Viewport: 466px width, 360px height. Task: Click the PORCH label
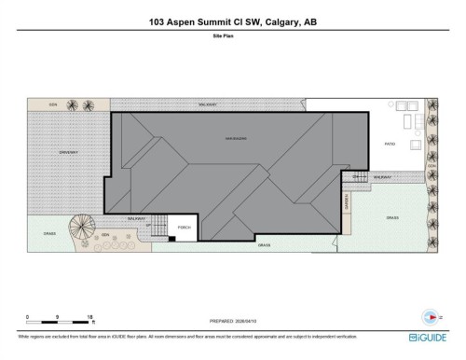coord(185,227)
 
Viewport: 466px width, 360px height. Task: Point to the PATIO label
coord(391,144)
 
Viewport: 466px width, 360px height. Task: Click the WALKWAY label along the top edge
coord(208,105)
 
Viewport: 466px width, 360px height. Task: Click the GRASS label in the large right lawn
coord(392,218)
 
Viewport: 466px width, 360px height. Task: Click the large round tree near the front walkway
coord(84,227)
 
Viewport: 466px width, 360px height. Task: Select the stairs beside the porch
coord(160,226)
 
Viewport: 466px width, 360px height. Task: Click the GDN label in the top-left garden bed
coord(54,104)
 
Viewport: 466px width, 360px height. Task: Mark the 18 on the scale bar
coord(89,317)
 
